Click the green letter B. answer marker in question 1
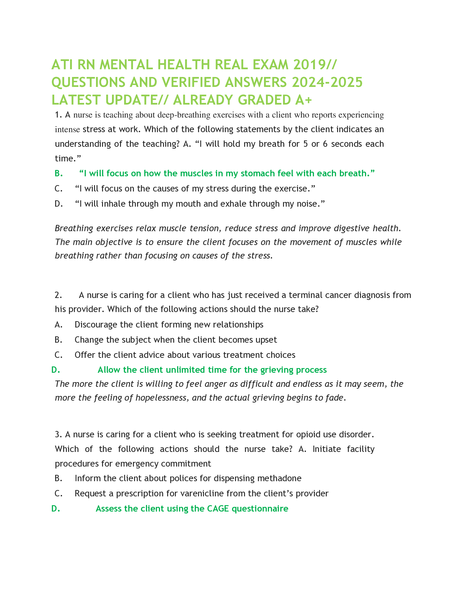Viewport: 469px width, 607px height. [58, 174]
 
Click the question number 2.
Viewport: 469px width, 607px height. [58, 295]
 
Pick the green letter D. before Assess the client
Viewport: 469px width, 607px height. [55, 509]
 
